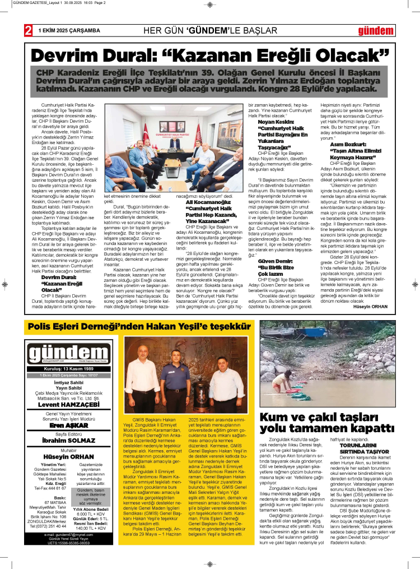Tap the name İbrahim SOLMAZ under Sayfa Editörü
[x=68, y=441]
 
